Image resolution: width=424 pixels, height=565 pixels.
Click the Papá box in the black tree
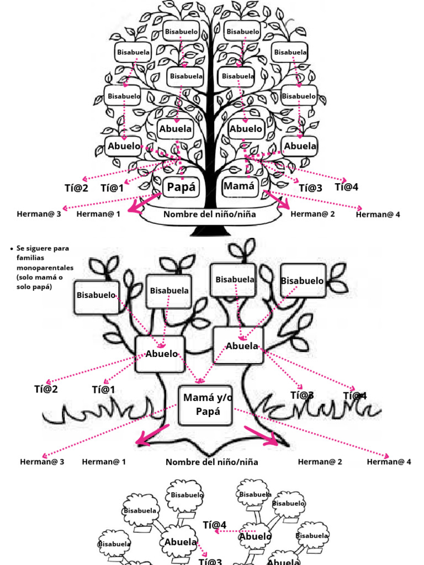click(181, 187)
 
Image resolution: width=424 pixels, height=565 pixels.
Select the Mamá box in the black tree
click(239, 186)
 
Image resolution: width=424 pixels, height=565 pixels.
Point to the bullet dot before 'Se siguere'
click(12, 249)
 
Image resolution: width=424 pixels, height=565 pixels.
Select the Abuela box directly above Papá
click(176, 129)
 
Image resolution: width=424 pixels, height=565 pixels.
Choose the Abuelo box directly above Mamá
click(246, 129)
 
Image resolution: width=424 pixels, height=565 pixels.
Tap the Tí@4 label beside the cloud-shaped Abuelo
click(215, 524)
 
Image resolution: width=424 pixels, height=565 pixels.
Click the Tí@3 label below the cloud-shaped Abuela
click(210, 561)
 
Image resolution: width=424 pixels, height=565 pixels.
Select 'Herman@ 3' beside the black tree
click(39, 213)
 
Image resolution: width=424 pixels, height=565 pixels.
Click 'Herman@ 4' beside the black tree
click(378, 214)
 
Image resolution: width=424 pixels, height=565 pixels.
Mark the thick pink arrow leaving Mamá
click(276, 201)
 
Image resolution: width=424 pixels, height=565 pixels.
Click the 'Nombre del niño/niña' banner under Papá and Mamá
click(209, 214)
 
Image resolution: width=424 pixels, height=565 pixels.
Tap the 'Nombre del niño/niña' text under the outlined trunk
click(211, 462)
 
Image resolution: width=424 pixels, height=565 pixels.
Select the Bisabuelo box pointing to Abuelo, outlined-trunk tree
click(96, 295)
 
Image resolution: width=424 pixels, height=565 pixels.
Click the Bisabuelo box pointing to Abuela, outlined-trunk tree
click(302, 281)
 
